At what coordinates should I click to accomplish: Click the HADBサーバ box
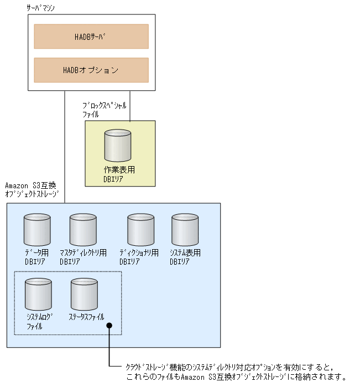click(91, 37)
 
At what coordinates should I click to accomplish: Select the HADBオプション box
click(91, 70)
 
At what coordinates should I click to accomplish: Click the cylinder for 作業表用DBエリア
click(118, 146)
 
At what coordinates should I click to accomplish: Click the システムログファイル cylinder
click(39, 295)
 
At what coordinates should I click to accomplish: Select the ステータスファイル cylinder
click(84, 295)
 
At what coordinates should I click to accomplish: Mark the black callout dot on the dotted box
click(109, 326)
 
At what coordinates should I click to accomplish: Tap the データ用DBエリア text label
click(36, 257)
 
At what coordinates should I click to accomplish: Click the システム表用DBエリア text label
click(185, 257)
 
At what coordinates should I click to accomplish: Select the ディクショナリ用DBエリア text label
click(139, 257)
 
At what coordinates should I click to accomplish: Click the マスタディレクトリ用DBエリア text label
click(83, 257)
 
